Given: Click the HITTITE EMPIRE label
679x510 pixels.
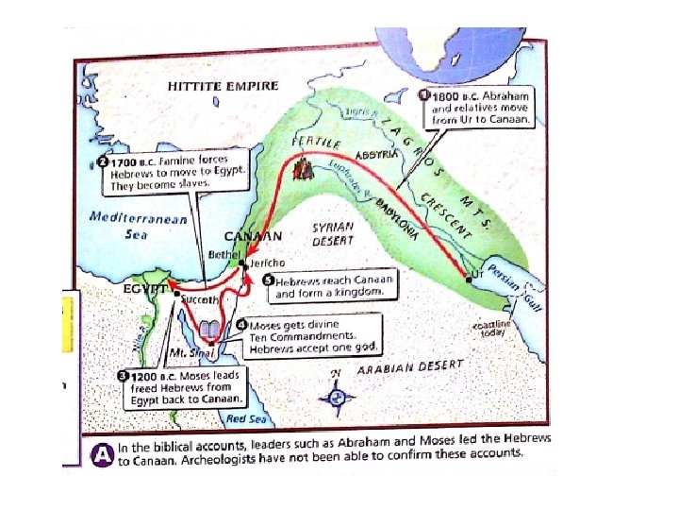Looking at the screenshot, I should (224, 85).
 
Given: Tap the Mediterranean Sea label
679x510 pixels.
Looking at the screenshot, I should (138, 225).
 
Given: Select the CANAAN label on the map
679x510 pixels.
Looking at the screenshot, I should (254, 236).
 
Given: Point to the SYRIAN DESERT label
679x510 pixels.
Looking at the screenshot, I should (332, 233).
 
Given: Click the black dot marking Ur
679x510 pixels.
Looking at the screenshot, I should (469, 279).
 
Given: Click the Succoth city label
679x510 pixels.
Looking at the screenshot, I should (202, 298).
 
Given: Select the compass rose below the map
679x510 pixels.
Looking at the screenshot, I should (336, 398).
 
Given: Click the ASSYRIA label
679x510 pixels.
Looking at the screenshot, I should (377, 154).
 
